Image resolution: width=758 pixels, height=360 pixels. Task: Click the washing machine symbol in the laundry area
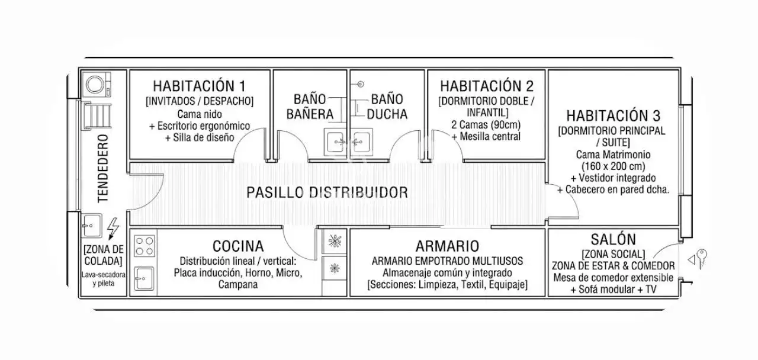98,84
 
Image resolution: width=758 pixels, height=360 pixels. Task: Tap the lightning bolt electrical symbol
113,229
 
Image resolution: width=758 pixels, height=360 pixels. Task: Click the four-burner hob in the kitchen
144,246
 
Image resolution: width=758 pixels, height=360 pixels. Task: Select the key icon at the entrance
702,259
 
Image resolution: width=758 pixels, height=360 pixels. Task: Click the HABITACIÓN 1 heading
200,86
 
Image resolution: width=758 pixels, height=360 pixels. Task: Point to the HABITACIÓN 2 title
487,86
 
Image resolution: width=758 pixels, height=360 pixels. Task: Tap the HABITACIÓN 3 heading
613,115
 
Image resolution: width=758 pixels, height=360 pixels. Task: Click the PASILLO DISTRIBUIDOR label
327,192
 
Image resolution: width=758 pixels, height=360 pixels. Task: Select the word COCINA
238,246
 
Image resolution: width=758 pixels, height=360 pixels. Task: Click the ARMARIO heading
447,246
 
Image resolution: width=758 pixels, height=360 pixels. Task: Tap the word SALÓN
613,239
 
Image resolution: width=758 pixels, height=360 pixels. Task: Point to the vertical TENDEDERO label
103,169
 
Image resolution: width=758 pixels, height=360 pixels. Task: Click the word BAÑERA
310,114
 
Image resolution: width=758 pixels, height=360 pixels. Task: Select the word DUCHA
387,114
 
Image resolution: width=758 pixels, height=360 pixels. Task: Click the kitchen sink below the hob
144,278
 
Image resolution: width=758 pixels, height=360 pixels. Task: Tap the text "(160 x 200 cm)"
613,166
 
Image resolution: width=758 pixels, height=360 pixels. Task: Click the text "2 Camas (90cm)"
486,124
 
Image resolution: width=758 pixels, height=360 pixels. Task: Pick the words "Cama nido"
200,114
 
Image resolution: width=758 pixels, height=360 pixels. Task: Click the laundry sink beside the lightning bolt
91,226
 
